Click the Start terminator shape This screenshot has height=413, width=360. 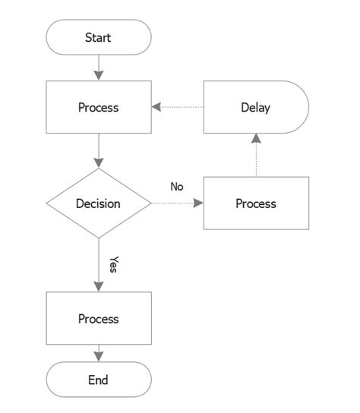99,37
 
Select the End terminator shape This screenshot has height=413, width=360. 99,380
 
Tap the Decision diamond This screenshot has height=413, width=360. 99,203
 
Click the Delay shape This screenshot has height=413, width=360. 256,107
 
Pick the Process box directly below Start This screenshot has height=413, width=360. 99,107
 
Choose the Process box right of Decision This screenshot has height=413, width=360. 256,203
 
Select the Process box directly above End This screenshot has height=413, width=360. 99,319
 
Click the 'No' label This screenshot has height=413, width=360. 177,187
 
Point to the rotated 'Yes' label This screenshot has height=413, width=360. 114,263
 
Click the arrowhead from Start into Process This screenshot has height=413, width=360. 99,75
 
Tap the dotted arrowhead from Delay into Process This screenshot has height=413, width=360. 156,107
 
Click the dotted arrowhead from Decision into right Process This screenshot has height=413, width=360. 198,203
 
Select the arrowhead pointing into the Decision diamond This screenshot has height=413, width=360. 99,162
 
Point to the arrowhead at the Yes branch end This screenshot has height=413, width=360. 99,285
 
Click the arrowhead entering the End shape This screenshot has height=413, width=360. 99,355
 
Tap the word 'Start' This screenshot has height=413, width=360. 99,37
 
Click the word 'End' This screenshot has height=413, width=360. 99,380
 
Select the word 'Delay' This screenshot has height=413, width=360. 256,107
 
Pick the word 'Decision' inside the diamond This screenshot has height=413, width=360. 99,203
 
